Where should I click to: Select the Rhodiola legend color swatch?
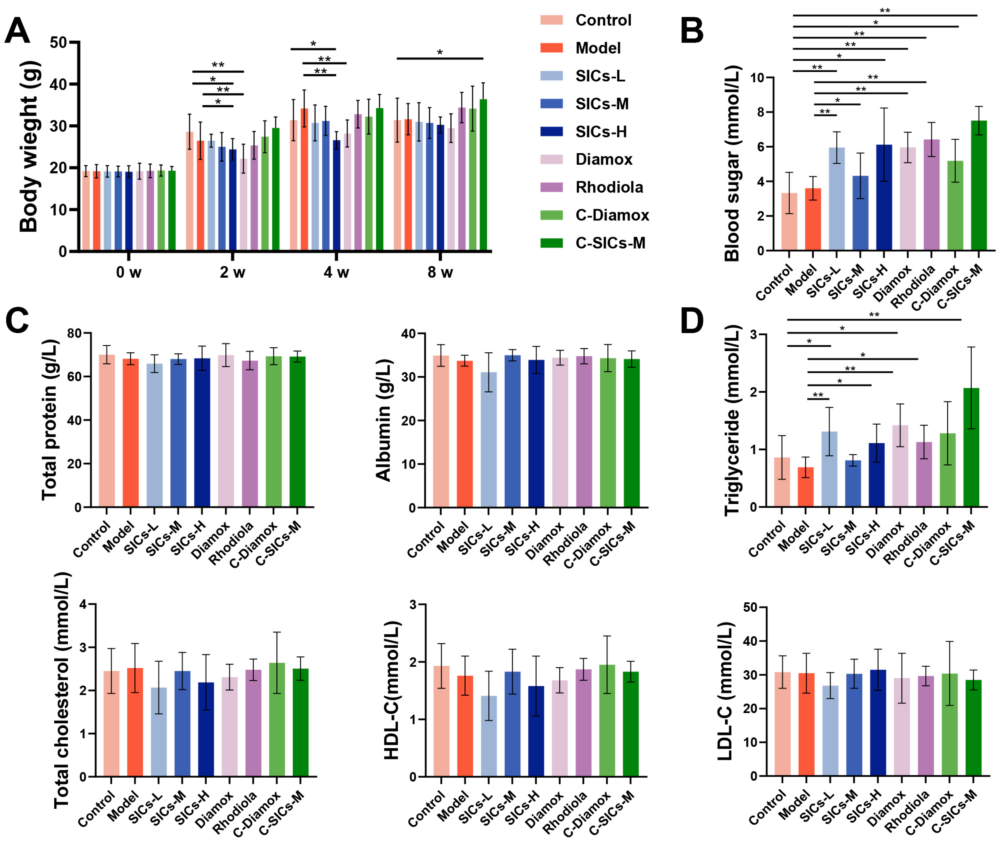coord(551,187)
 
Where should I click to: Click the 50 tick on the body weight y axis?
coord(58,43)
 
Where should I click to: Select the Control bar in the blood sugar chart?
coord(789,222)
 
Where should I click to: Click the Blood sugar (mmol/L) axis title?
coord(731,163)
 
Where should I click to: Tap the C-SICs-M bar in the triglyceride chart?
coord(971,448)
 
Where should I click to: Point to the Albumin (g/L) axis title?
coord(383,420)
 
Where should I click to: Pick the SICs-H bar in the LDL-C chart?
coord(878,723)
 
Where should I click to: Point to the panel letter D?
coord(692,321)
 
